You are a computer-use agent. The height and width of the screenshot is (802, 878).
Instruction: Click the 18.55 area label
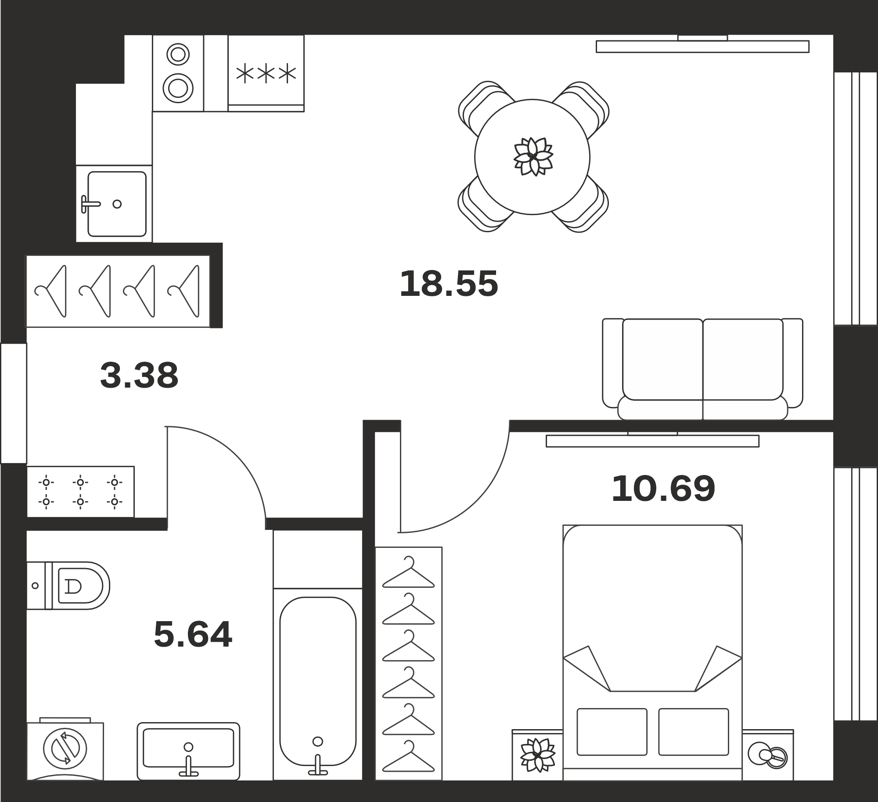click(449, 284)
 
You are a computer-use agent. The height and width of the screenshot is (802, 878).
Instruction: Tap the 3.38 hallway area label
click(139, 375)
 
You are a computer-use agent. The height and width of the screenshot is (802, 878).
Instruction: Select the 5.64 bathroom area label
click(193, 634)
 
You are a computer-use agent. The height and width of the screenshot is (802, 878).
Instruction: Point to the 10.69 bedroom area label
click(663, 489)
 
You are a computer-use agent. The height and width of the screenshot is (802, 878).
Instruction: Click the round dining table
click(532, 157)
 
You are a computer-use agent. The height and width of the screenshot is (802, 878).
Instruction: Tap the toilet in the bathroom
click(68, 586)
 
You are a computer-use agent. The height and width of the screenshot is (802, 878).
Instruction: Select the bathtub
click(318, 684)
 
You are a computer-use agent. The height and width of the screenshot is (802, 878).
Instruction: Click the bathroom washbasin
click(188, 751)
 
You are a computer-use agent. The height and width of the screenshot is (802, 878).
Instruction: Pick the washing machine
click(65, 751)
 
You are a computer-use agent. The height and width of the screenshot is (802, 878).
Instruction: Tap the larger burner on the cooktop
click(178, 88)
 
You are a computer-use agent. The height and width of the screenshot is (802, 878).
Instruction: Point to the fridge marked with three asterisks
click(266, 73)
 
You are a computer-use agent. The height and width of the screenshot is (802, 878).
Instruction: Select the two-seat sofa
click(702, 369)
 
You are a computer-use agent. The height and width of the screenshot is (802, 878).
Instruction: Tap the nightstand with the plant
click(537, 755)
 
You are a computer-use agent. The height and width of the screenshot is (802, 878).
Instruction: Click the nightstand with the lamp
click(768, 755)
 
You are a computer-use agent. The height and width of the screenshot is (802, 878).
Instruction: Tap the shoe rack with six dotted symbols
click(80, 492)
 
